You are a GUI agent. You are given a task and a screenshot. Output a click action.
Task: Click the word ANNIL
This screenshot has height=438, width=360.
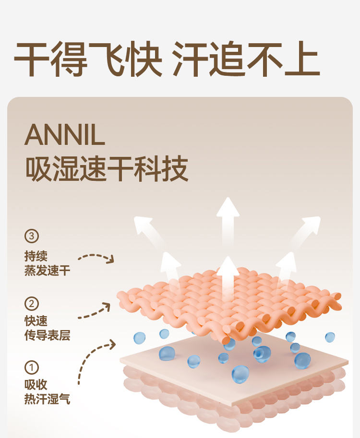[64, 135]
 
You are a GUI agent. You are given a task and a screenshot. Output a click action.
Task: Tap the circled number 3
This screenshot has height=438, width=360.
[31, 236]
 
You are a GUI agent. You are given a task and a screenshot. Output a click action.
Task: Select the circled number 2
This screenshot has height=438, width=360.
[31, 303]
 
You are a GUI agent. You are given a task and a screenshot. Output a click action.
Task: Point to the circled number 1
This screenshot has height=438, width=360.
[31, 367]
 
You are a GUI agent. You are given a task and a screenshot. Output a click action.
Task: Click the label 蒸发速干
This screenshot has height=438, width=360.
[47, 271]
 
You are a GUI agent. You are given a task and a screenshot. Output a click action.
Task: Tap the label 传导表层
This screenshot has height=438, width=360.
[47, 335]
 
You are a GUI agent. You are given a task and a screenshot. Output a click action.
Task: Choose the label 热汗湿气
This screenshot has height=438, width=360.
[47, 399]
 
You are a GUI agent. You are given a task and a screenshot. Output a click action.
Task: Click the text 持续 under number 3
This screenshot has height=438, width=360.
[36, 256]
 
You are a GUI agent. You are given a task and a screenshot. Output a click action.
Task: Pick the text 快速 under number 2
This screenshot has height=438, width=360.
[36, 321]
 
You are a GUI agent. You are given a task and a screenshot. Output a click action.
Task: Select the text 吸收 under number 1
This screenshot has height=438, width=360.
[36, 385]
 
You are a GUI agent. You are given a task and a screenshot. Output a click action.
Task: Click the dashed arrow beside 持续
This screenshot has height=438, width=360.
[96, 258]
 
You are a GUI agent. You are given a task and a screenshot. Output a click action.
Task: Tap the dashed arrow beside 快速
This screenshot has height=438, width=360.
[96, 311]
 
